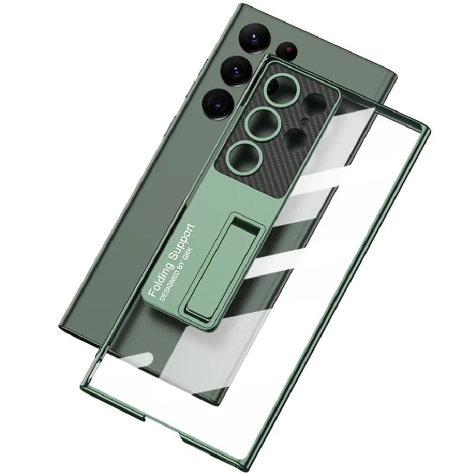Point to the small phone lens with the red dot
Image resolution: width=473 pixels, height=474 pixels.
click(289, 48)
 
